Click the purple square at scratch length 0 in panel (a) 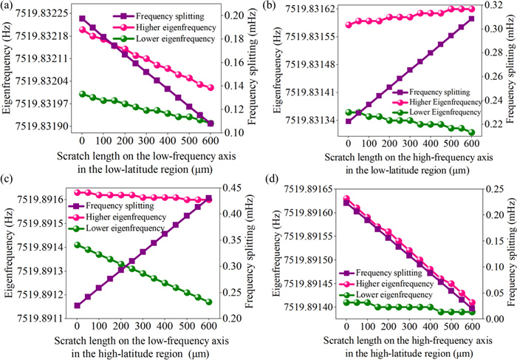tap(82, 18)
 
